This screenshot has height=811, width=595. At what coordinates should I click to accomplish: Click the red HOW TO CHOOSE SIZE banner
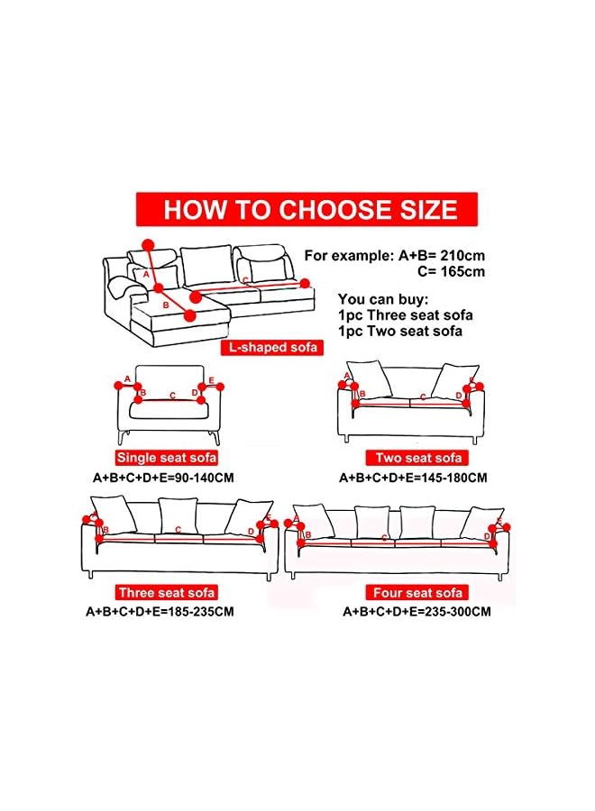307,210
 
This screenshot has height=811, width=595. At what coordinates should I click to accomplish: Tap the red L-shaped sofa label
270,347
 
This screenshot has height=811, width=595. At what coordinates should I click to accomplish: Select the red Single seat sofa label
166,458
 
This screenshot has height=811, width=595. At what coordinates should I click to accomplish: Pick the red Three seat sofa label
166,592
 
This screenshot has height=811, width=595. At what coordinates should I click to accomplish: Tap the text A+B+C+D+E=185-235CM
160,612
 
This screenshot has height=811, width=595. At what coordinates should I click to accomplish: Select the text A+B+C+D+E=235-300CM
416,612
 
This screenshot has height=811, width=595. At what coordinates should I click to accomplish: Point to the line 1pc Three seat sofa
405,314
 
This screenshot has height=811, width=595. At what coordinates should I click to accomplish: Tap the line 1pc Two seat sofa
400,330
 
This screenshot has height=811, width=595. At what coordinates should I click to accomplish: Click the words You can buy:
378,298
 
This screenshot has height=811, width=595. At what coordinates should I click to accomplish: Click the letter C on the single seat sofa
172,395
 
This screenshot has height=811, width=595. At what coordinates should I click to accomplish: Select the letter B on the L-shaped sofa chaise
165,305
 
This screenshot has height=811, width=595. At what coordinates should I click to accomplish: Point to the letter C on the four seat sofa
385,538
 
